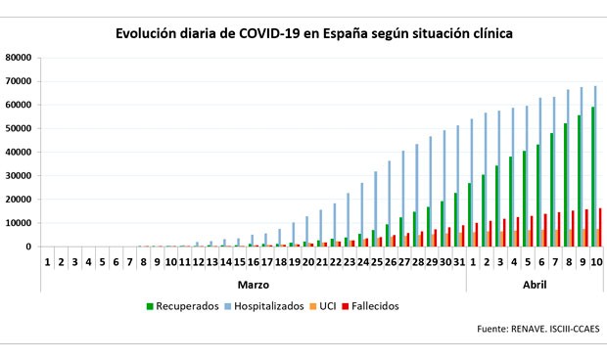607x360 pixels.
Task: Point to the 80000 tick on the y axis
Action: tap(20, 57)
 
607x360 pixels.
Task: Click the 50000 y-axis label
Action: tap(20, 128)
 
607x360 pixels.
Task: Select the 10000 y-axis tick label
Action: tap(20, 223)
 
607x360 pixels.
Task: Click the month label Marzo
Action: tap(254, 284)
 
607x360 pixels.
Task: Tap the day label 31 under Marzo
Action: tap(458, 262)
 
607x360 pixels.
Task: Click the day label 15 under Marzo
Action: tap(238, 262)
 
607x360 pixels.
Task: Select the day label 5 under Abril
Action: tap(527, 262)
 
